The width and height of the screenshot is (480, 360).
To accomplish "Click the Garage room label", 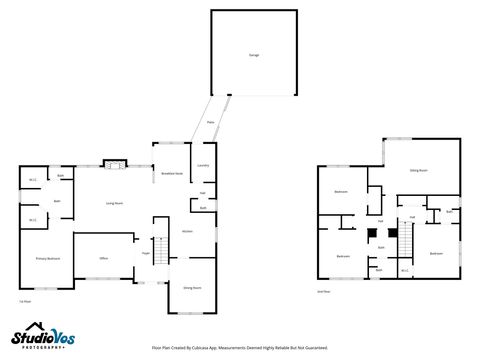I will pyautogui.click(x=253, y=55).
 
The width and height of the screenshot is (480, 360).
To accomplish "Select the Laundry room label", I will pyautogui.click(x=202, y=165).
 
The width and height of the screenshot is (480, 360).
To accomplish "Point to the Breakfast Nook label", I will pyautogui.click(x=171, y=173).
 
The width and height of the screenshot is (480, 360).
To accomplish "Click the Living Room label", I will pyautogui.click(x=115, y=203).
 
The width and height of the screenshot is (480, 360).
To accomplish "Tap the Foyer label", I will pyautogui.click(x=146, y=253).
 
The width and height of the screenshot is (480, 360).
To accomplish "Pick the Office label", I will pyautogui.click(x=103, y=258).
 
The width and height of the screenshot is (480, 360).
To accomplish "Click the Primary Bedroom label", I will pyautogui.click(x=48, y=258).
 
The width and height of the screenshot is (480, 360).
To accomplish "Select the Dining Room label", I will pyautogui.click(x=192, y=287).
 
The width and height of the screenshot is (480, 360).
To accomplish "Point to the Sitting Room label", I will pyautogui.click(x=419, y=171).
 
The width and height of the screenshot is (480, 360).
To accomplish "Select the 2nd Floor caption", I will pyautogui.click(x=322, y=292).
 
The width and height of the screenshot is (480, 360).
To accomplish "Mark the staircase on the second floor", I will pyautogui.click(x=406, y=242).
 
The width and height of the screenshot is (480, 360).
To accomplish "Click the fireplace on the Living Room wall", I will pyautogui.click(x=115, y=163).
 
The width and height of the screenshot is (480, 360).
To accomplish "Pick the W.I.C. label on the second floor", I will pyautogui.click(x=405, y=269).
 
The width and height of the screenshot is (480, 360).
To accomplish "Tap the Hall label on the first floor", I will pyautogui.click(x=203, y=192).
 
